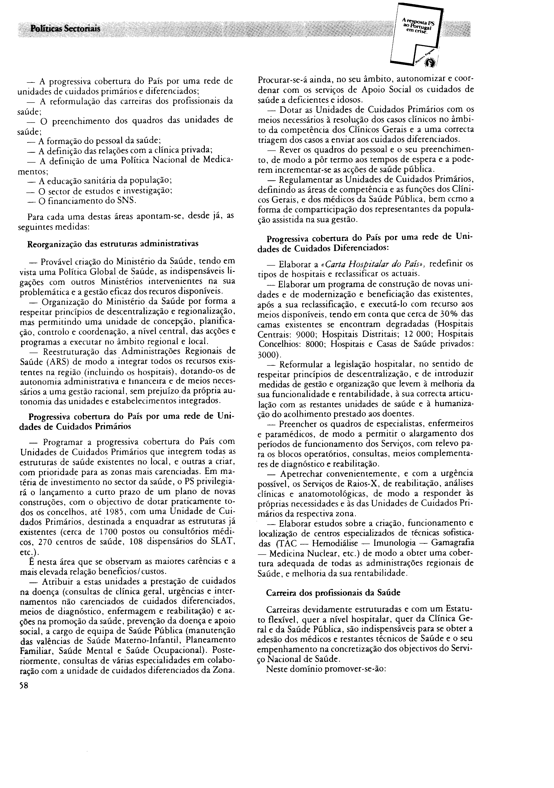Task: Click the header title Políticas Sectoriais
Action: (x=65, y=29)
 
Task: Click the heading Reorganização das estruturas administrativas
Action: (x=112, y=244)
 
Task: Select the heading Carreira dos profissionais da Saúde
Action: (x=333, y=592)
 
